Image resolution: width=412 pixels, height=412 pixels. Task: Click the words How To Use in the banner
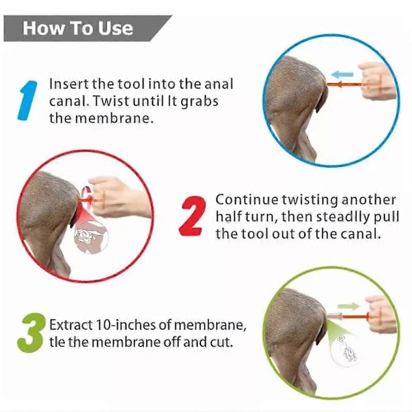78,28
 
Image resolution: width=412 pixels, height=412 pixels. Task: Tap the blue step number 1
27,100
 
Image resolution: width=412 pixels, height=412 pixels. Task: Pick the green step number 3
30,332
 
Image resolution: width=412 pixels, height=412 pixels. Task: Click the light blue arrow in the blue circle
342,74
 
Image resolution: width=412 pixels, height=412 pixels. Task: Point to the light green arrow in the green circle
349,306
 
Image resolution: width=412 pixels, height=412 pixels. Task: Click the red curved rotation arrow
87,197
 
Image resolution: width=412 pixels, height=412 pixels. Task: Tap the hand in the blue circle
378,80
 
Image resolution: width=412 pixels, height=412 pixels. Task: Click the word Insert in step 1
69,84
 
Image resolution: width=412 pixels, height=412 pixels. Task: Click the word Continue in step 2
247,200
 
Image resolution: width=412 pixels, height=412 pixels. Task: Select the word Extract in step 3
71,325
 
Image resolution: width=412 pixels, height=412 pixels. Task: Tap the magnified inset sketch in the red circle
91,236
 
